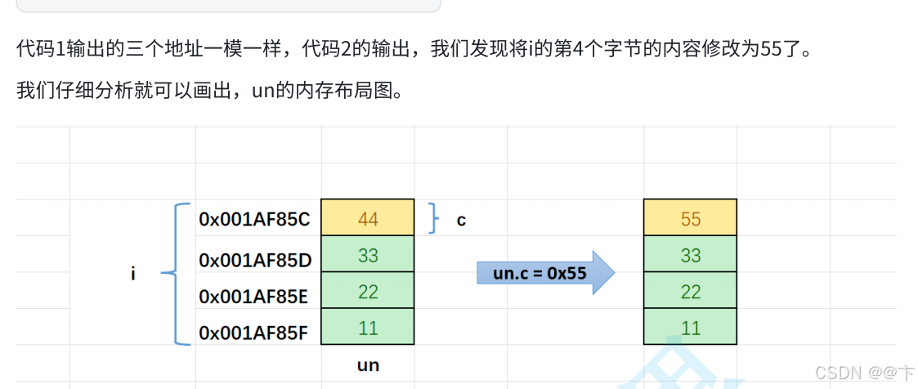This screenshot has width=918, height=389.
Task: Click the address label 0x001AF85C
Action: coord(253,219)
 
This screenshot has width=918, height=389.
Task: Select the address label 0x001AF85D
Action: coord(255,260)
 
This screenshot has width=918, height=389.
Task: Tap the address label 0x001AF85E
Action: coord(253,297)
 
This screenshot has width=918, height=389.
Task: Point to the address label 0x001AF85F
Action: coord(253,333)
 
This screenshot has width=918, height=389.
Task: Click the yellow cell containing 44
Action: coord(368,217)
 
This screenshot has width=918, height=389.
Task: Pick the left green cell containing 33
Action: coord(368,255)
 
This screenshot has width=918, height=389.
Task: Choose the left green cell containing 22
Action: coord(368,292)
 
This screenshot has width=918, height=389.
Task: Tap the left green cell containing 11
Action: coord(368,328)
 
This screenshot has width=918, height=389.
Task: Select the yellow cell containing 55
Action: coord(690,217)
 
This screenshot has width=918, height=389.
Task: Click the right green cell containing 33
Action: coord(690,255)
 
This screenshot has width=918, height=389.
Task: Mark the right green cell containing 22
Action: coord(690,292)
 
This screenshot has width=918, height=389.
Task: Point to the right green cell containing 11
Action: coord(690,328)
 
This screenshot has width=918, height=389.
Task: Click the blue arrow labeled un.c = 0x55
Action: coord(544,273)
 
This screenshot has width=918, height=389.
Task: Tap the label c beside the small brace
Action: coord(461,221)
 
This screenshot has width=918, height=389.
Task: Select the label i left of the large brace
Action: coord(133,275)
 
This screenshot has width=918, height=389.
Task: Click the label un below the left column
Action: coord(368,364)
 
